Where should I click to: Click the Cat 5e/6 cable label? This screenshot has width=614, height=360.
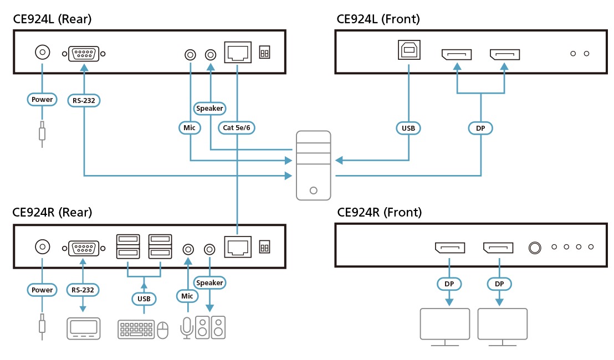point(237,128)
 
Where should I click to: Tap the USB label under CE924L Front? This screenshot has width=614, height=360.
point(408,128)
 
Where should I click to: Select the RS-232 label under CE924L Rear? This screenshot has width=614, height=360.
point(84,100)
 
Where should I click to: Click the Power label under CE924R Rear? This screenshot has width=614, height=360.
point(42,290)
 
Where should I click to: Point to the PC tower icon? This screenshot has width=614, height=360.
point(313,165)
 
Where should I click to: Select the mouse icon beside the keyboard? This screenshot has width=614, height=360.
point(162,330)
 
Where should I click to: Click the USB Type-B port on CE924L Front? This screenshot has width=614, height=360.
point(409,51)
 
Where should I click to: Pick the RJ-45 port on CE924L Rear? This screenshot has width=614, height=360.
point(237,52)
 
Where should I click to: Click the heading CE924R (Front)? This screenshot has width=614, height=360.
point(379,212)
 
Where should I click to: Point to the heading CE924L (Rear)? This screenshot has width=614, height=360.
point(52,19)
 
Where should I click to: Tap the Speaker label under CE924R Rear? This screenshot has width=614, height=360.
point(209,282)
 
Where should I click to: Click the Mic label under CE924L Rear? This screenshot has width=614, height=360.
point(190,128)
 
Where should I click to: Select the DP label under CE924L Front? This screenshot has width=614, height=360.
point(480,128)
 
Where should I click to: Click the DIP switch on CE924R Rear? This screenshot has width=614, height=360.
point(264,247)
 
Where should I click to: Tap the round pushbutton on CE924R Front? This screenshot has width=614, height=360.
point(535,248)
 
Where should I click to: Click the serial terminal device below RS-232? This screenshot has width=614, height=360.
point(84,328)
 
